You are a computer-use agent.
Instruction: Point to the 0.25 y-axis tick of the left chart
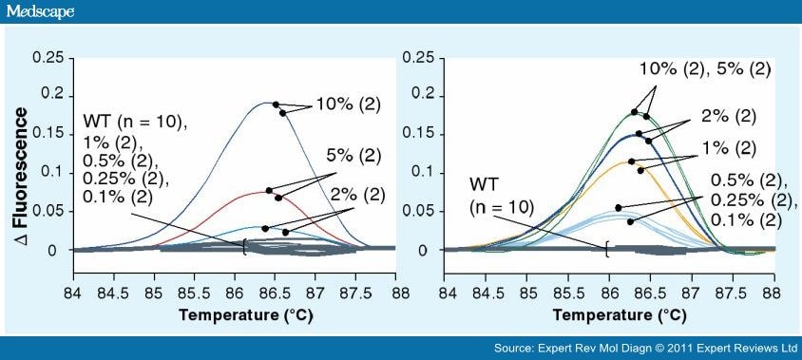[x=47, y=58]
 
